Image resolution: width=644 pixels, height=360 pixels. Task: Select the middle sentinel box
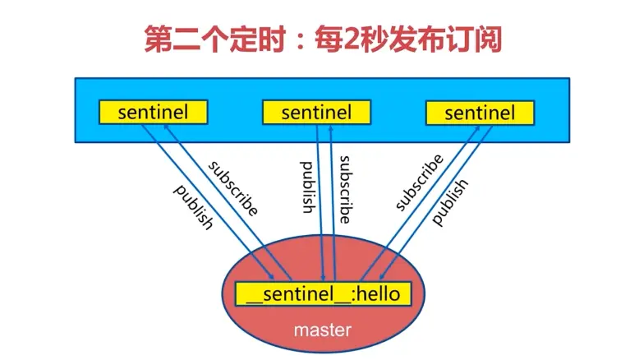[x=315, y=113]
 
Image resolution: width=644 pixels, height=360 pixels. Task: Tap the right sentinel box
[x=481, y=113]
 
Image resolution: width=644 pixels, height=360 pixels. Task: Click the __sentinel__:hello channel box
[x=322, y=293]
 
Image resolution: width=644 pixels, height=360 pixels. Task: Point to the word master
[x=323, y=330]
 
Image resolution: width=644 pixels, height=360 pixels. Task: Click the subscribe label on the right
[x=419, y=182]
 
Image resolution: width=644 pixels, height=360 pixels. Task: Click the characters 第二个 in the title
[x=185, y=38]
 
